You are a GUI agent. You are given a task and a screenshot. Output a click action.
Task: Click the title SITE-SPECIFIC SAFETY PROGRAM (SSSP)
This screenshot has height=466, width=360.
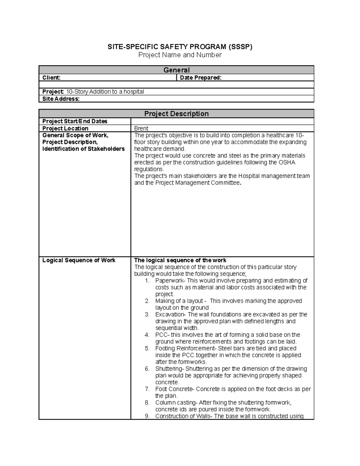180,47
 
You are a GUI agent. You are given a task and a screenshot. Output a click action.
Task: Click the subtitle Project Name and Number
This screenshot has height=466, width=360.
180,55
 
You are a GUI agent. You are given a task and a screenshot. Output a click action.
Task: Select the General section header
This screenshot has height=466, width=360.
176,70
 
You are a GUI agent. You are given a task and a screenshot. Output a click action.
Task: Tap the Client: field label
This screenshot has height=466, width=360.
51,78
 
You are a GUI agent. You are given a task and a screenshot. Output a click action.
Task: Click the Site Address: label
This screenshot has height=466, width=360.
61,99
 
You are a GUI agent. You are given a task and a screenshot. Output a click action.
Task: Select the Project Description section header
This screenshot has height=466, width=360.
176,114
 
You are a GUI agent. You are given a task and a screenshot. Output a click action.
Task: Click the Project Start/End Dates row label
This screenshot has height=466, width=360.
75,121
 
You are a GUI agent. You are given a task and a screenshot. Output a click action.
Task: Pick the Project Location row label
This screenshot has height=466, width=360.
65,128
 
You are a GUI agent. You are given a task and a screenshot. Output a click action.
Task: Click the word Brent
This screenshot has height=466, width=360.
141,128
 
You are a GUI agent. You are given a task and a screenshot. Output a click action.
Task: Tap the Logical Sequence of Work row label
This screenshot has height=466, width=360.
79,260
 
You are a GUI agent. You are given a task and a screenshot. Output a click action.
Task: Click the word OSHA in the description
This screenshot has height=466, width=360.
287,162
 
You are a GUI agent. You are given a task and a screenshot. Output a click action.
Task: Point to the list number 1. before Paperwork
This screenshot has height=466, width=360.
147,281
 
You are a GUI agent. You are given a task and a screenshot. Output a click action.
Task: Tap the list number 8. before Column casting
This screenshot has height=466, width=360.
147,403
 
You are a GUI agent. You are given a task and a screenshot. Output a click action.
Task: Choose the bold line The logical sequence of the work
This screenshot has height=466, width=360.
180,260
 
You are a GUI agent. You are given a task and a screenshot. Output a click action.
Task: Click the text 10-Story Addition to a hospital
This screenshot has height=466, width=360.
105,92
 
